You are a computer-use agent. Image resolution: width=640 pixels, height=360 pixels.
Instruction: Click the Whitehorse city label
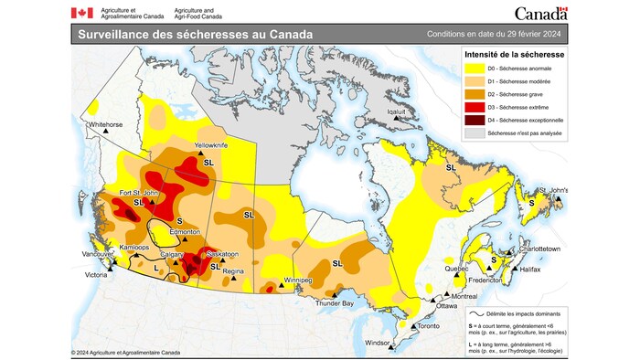[x=106, y=123]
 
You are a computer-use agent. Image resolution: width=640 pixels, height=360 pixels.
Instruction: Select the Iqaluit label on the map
[x=396, y=112]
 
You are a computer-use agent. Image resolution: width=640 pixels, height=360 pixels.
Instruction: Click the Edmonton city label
[x=185, y=232]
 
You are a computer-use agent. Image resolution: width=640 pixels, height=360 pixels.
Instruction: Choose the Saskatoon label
[x=222, y=253]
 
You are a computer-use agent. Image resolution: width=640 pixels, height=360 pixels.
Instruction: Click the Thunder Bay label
[x=334, y=302]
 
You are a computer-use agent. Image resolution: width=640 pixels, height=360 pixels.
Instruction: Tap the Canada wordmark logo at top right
[x=540, y=13]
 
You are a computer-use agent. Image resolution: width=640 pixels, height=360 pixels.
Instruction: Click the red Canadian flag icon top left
[x=81, y=13]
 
